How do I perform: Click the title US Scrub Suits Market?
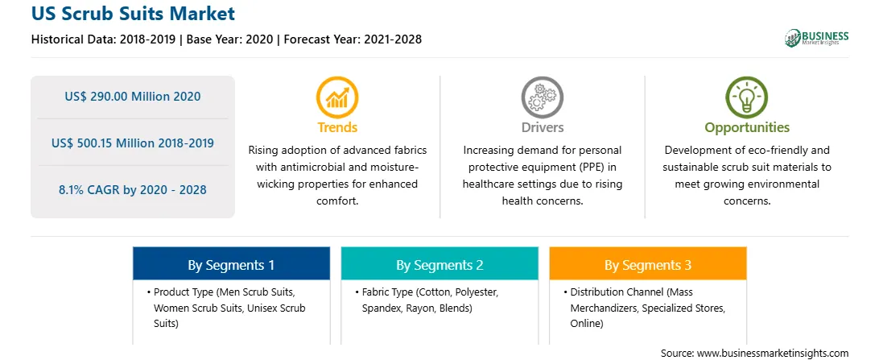tap(134, 14)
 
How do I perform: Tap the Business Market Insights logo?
tap(817, 38)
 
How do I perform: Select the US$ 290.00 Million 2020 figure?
tap(133, 97)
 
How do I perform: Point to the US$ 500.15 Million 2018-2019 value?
tap(133, 143)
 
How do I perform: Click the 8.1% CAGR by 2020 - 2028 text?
tap(133, 189)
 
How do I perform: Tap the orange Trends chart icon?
tap(337, 97)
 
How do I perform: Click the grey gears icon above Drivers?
tap(542, 97)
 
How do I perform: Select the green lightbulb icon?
tap(747, 97)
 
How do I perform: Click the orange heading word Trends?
tap(337, 127)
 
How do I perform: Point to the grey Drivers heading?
tap(542, 127)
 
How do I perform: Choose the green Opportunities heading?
tap(747, 128)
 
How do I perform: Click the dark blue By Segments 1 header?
tap(232, 263)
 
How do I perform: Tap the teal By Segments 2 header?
tap(439, 263)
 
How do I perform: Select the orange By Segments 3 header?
tap(648, 263)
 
